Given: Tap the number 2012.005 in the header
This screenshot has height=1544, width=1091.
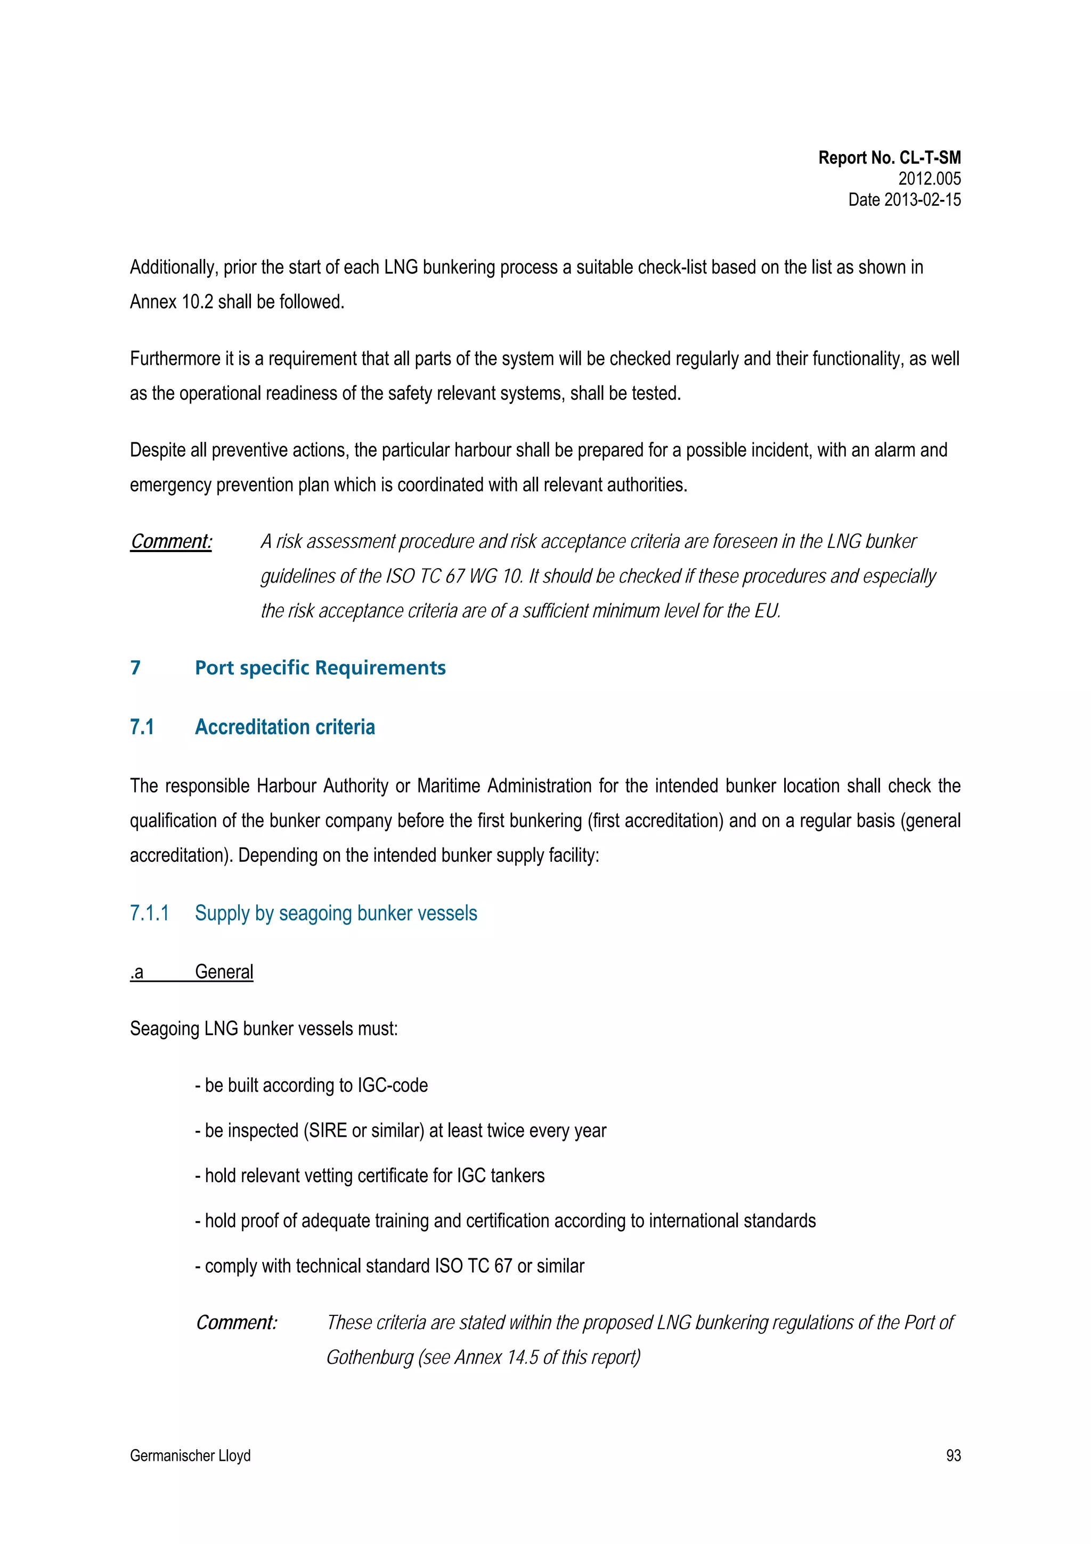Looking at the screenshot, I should coord(929,179).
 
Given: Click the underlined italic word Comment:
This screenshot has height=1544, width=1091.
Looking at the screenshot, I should coord(171,541).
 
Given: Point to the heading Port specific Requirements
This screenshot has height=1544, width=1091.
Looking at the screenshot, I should coord(320,668).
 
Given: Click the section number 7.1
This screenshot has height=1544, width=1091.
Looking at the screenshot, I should coord(142,727).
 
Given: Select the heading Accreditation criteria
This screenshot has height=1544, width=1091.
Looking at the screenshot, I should coord(284,727).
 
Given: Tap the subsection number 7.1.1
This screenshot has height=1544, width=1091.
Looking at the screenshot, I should coord(149,913).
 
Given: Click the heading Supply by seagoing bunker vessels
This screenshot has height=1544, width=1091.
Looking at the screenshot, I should coord(336,913).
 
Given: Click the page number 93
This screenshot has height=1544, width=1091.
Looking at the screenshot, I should coord(952,1456).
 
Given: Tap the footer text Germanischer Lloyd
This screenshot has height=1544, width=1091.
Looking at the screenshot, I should coord(190,1456).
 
